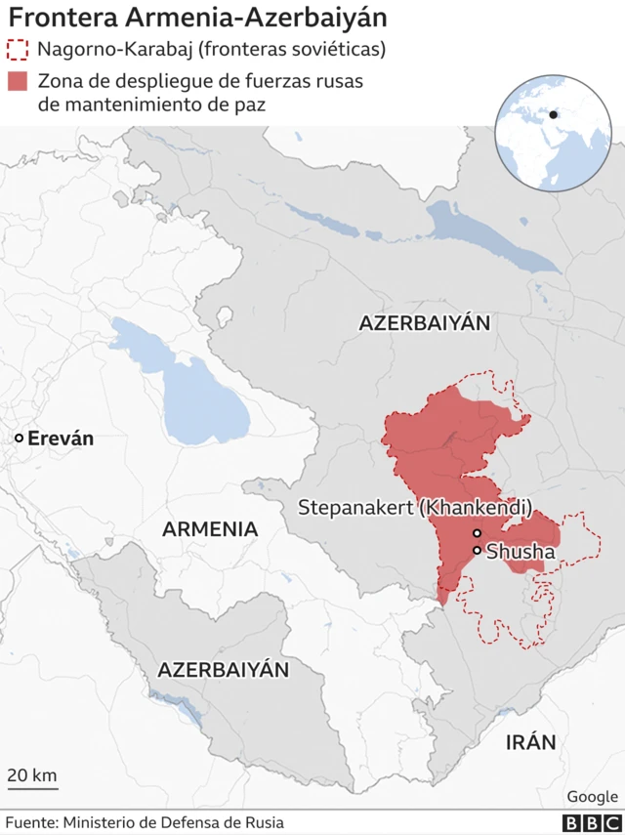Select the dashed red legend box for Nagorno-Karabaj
click(x=18, y=50)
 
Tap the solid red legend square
click(x=18, y=82)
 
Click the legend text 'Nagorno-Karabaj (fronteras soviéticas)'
click(x=211, y=50)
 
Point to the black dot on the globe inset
click(x=554, y=114)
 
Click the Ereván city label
click(x=61, y=438)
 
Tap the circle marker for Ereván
click(x=19, y=439)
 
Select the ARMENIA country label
click(x=210, y=529)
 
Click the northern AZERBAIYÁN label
click(x=425, y=323)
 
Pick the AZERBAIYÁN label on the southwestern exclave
click(x=224, y=670)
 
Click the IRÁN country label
click(x=530, y=742)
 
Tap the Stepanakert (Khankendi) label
click(x=415, y=508)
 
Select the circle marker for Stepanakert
click(x=477, y=533)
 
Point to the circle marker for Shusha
click(x=477, y=551)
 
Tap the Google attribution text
click(x=592, y=797)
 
